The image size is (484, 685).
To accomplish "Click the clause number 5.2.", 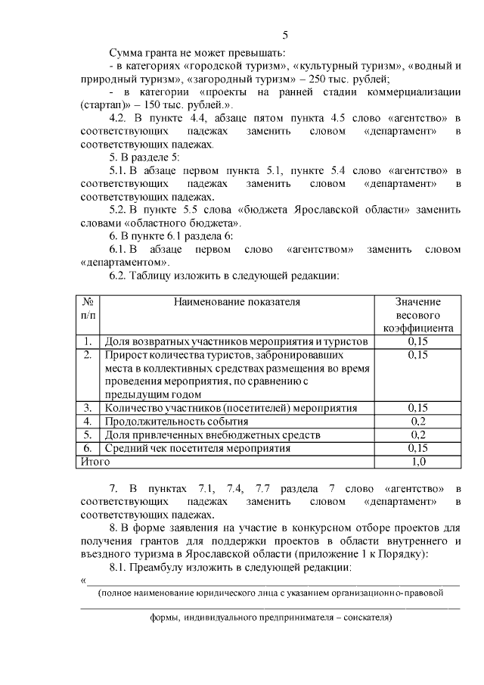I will (120, 210).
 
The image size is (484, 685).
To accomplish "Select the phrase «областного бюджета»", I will (180, 223).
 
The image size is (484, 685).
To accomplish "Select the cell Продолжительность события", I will (177, 421).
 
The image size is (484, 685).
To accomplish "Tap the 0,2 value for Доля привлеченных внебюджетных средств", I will (417, 434).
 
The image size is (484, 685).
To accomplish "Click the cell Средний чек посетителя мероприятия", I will (197, 448).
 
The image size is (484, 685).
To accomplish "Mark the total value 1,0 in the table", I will (417, 461).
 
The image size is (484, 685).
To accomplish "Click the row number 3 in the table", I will (88, 408).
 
